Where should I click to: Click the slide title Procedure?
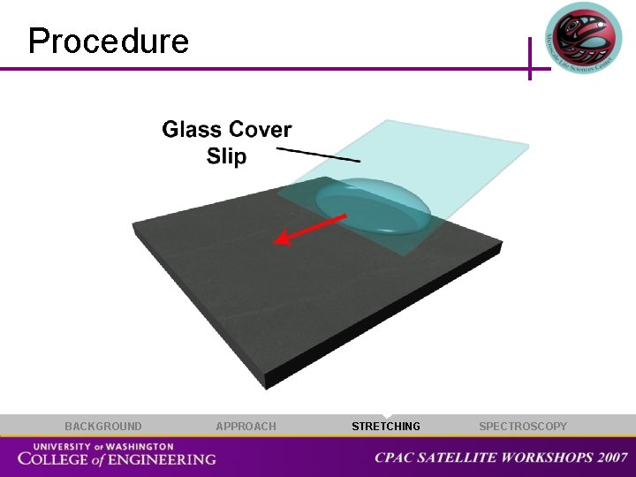coord(109,42)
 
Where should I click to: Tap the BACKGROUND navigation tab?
coord(102,427)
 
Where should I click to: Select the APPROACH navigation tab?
coord(246,427)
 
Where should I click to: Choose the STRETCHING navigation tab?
coord(386,427)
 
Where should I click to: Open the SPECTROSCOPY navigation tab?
coord(523,427)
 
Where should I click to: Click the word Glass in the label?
coord(190,130)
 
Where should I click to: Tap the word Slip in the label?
coord(226,156)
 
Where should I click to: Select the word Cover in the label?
coord(259,130)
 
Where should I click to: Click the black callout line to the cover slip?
coord(318,155)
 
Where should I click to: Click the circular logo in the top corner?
coord(583,37)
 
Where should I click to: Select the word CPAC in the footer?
coord(393,458)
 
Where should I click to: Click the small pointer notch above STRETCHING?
coord(387,416)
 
